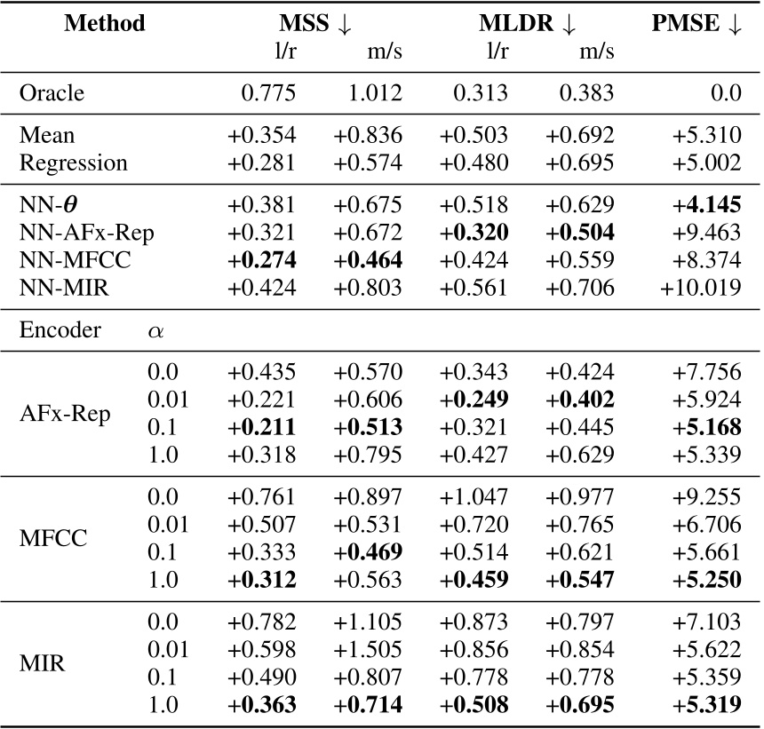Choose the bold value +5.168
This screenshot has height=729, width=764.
pyautogui.click(x=712, y=426)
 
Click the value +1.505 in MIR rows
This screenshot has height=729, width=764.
pyautogui.click(x=368, y=649)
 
